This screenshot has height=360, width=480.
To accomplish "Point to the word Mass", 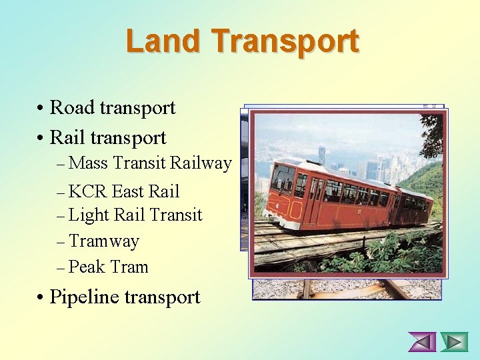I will (x=89, y=163).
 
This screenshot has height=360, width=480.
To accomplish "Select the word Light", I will (x=89, y=215).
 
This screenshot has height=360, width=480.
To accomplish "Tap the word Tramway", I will (x=104, y=241).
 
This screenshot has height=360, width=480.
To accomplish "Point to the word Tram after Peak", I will (x=129, y=267).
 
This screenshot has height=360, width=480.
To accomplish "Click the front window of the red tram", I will (x=282, y=179).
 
